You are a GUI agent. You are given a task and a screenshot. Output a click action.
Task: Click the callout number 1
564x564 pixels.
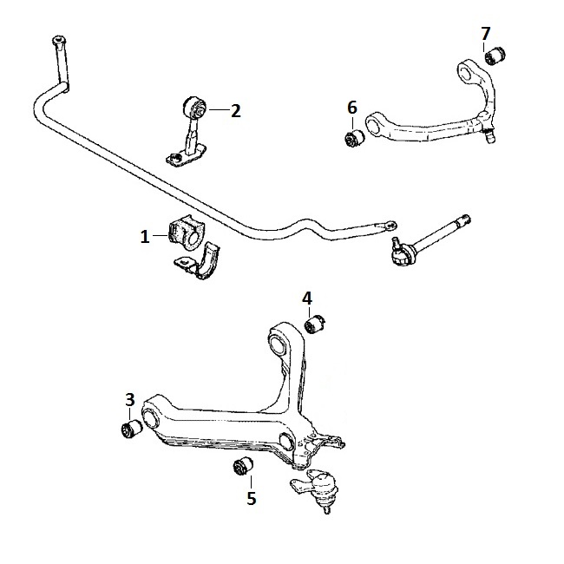[x=145, y=237]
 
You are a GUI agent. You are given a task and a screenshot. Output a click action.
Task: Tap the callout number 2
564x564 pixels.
[x=236, y=111]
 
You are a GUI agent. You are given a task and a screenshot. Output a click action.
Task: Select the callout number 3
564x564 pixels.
[x=130, y=400]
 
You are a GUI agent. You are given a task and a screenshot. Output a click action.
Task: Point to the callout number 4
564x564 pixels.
[x=307, y=298]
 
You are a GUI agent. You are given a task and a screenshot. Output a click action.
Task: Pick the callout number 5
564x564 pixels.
[x=252, y=498]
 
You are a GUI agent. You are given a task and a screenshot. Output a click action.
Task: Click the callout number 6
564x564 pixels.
[x=352, y=108]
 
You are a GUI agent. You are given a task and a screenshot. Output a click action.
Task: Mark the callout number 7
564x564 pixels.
[x=485, y=34]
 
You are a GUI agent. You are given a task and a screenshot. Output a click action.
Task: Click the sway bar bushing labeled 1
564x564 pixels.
[x=187, y=233]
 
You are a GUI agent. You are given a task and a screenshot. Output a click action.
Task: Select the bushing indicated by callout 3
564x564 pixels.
[x=131, y=429]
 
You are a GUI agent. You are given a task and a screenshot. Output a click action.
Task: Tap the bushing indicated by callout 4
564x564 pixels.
[x=315, y=324]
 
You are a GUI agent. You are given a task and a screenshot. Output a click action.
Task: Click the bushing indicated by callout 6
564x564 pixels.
[x=354, y=138]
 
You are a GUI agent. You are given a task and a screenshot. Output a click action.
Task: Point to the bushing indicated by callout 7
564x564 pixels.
[x=495, y=55]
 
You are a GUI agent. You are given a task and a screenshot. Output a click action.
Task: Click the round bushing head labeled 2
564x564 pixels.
[x=194, y=108]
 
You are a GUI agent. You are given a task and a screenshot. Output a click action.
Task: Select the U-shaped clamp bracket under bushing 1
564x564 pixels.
[x=199, y=261]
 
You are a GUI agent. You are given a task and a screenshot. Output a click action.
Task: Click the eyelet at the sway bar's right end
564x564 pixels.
[x=390, y=226]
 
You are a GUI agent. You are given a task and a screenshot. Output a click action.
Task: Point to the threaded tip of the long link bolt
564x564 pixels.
[x=467, y=218]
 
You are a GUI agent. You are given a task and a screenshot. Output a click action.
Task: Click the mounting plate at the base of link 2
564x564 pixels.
[x=186, y=155]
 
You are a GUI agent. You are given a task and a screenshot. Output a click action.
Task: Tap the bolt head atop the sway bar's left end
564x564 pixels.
[x=58, y=39]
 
